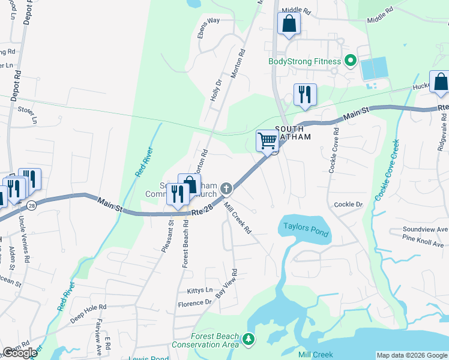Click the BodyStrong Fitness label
304,61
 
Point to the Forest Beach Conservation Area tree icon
249,340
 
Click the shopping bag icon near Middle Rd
289,24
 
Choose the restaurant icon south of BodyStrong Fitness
305,95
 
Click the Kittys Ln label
200,290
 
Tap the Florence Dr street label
195,303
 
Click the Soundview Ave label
425,230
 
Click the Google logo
20,353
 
